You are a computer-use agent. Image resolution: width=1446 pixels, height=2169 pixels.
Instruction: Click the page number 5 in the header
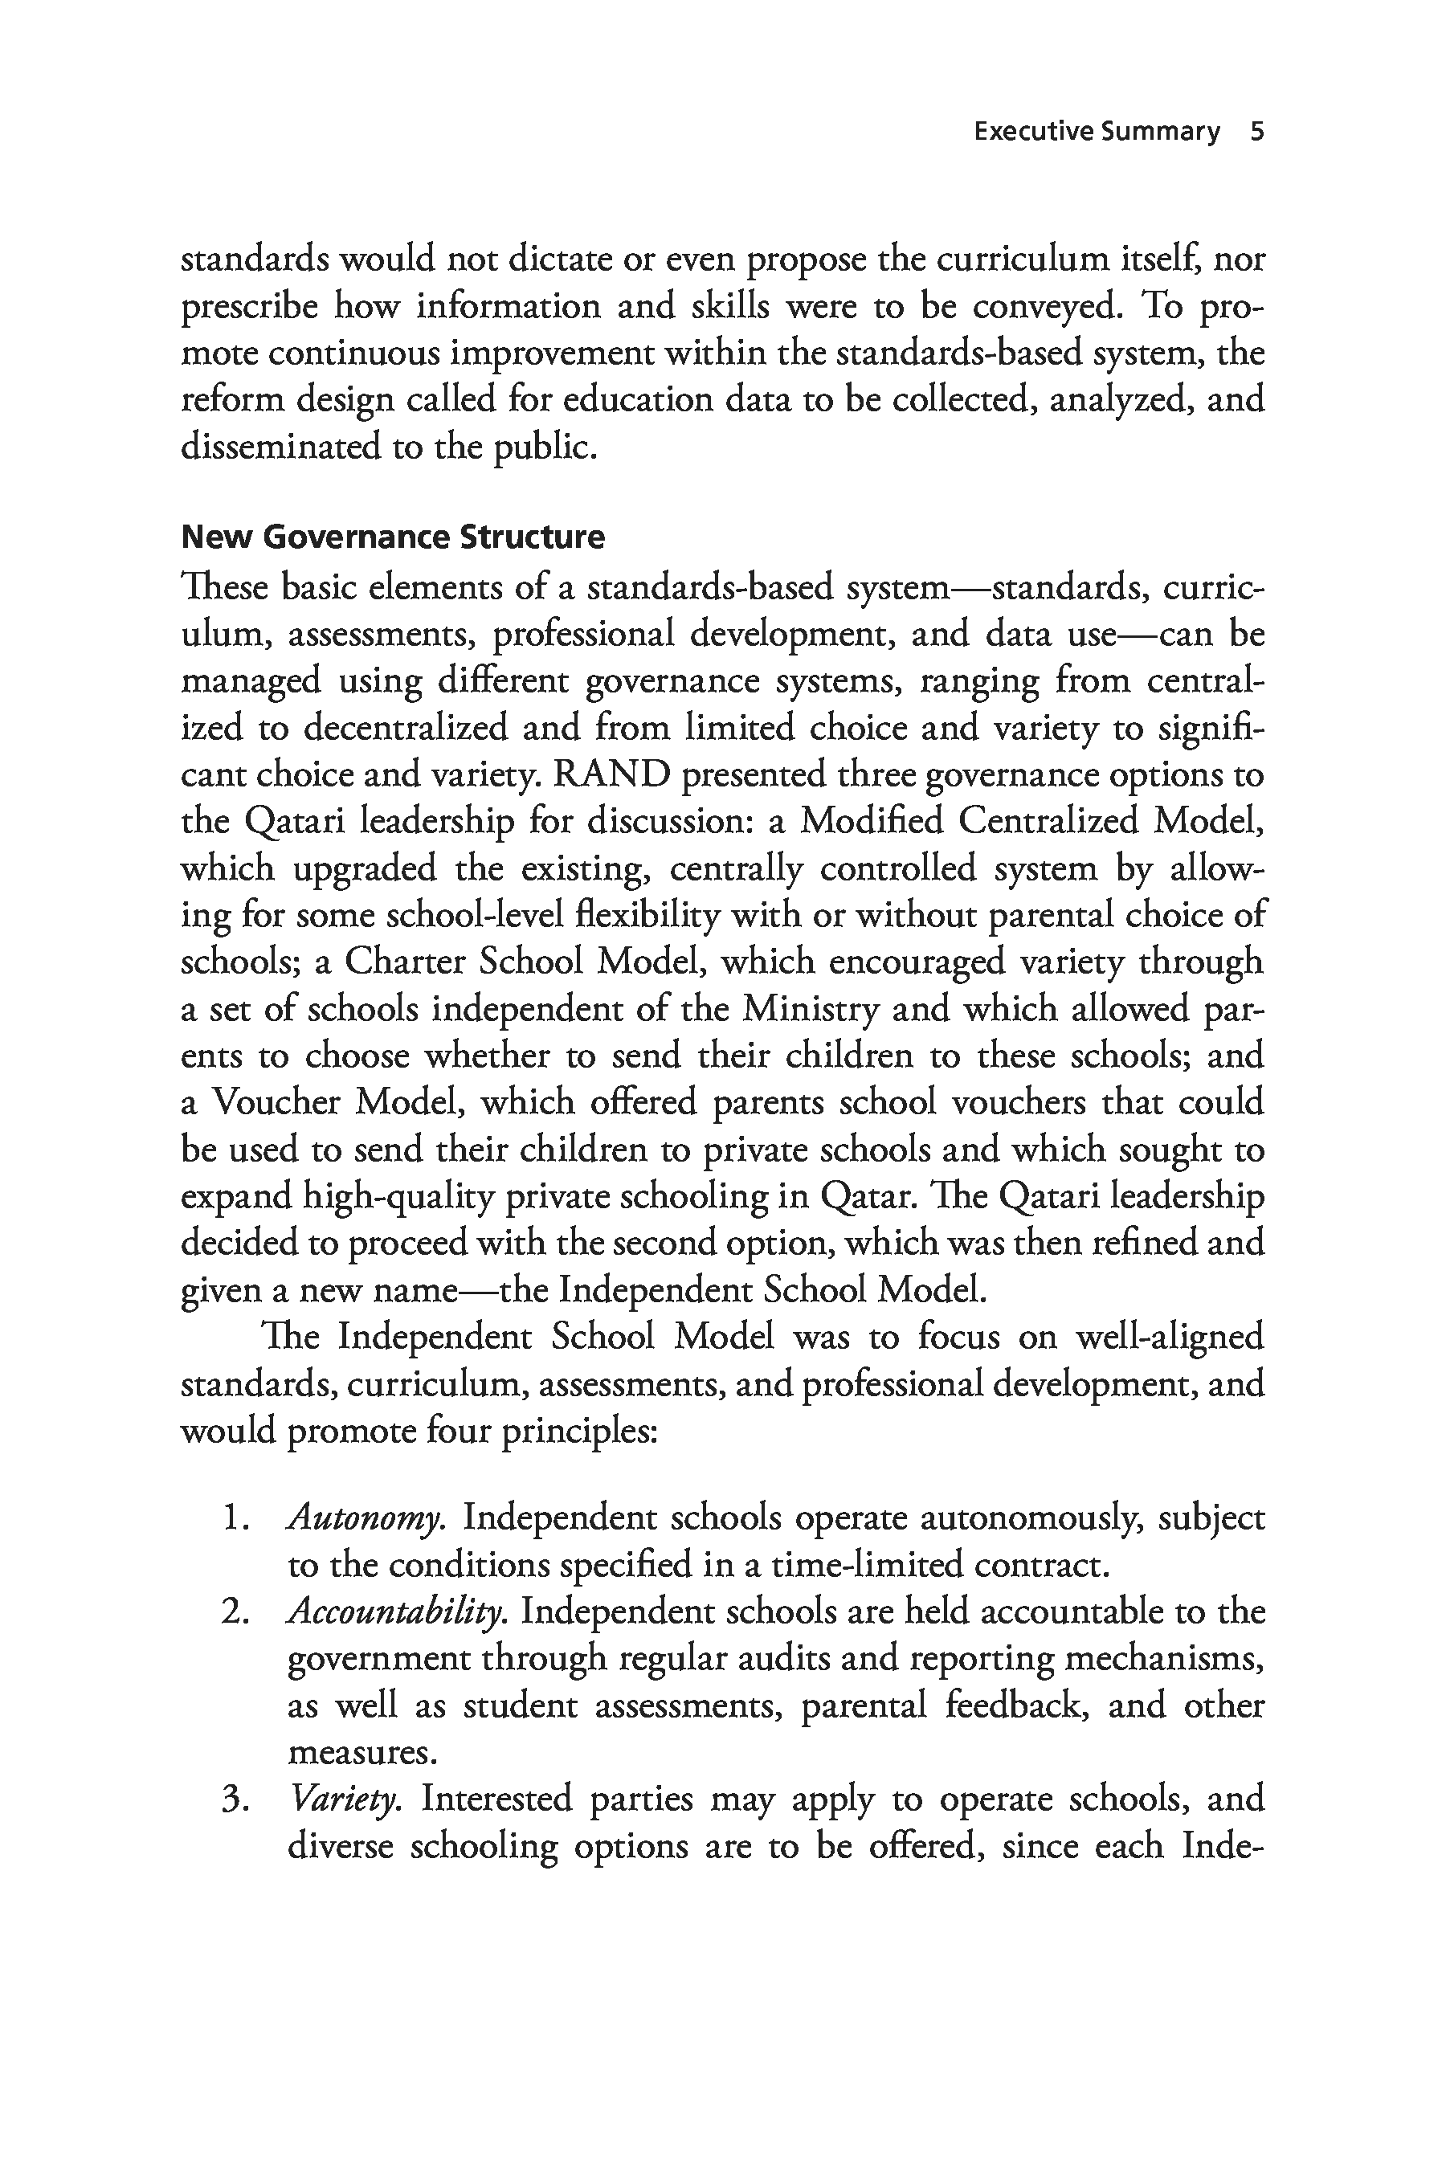(1256, 132)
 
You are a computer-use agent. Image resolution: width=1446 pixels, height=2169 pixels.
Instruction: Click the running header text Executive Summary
(1097, 132)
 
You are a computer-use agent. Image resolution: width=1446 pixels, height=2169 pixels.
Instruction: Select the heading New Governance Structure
(393, 537)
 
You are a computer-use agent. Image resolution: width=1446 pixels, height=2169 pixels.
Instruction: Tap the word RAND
(611, 774)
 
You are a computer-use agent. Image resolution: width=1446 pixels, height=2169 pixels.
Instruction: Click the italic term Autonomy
(366, 1518)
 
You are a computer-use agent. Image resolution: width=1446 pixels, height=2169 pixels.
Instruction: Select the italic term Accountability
(397, 1611)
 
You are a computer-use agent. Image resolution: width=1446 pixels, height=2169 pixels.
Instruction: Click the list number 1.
(236, 1519)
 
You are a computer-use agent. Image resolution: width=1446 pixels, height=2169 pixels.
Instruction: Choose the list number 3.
(236, 1799)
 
